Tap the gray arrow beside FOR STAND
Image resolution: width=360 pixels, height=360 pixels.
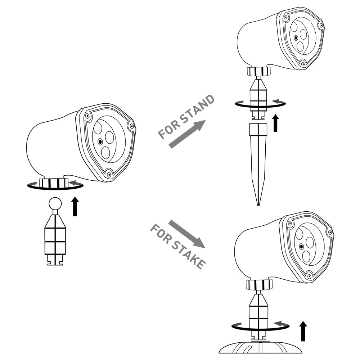click(187, 134)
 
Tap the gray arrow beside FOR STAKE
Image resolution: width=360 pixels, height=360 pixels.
click(187, 234)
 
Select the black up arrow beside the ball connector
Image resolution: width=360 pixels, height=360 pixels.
click(75, 206)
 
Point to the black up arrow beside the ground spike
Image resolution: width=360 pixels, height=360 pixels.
click(275, 123)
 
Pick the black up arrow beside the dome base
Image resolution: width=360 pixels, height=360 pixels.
click(303, 331)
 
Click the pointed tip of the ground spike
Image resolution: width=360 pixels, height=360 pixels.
click(258, 205)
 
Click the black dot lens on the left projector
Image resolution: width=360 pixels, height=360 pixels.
click(100, 141)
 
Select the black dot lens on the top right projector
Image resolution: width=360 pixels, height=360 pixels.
click(296, 38)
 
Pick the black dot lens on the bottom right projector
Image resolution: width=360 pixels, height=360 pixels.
click(301, 247)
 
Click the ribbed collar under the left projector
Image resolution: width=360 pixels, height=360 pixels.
click(54, 183)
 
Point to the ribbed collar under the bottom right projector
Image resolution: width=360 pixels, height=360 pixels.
click(259, 284)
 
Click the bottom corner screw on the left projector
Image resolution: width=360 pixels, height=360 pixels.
click(109, 174)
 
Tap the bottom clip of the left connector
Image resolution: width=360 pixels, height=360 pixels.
click(55, 260)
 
